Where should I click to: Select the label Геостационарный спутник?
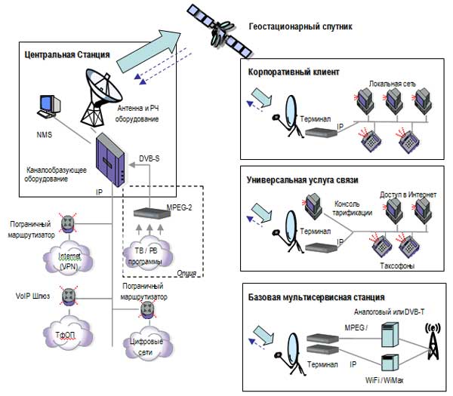[x=300, y=26]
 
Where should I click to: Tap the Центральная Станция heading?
[x=67, y=54]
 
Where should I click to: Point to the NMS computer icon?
[x=50, y=108]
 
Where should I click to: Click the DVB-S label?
[x=152, y=158]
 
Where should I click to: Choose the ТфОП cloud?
[x=69, y=334]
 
